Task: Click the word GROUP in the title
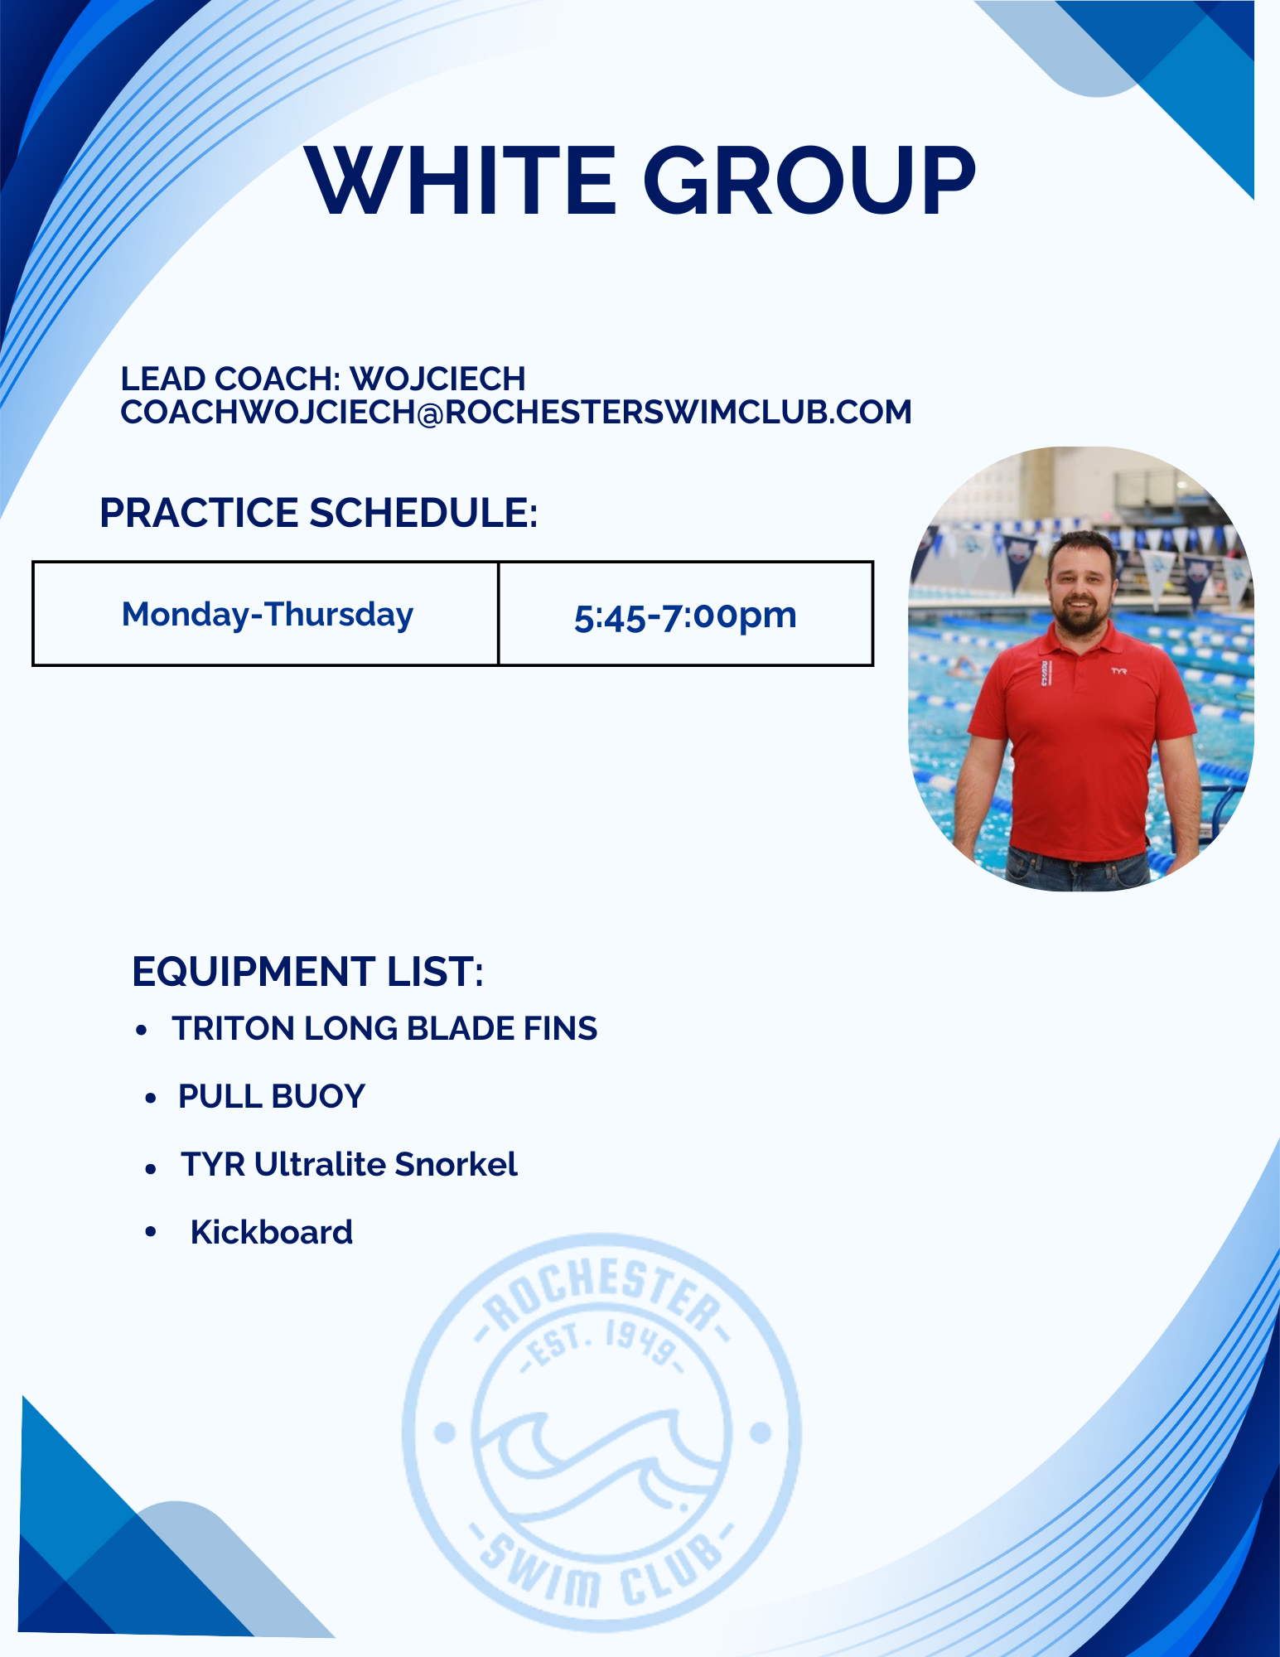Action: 809,180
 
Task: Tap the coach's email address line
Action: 516,412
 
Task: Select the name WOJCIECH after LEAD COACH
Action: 437,379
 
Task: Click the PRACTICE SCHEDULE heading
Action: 319,513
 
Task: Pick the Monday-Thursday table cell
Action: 266,614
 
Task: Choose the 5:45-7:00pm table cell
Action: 686,614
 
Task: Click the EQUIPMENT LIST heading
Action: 307,971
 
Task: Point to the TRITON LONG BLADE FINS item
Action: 384,1028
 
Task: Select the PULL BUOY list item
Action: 272,1096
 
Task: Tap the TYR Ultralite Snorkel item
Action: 350,1164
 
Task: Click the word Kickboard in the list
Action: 272,1232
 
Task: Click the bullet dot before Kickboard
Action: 150,1232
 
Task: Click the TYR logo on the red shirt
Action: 1119,671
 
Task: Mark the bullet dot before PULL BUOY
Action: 150,1099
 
